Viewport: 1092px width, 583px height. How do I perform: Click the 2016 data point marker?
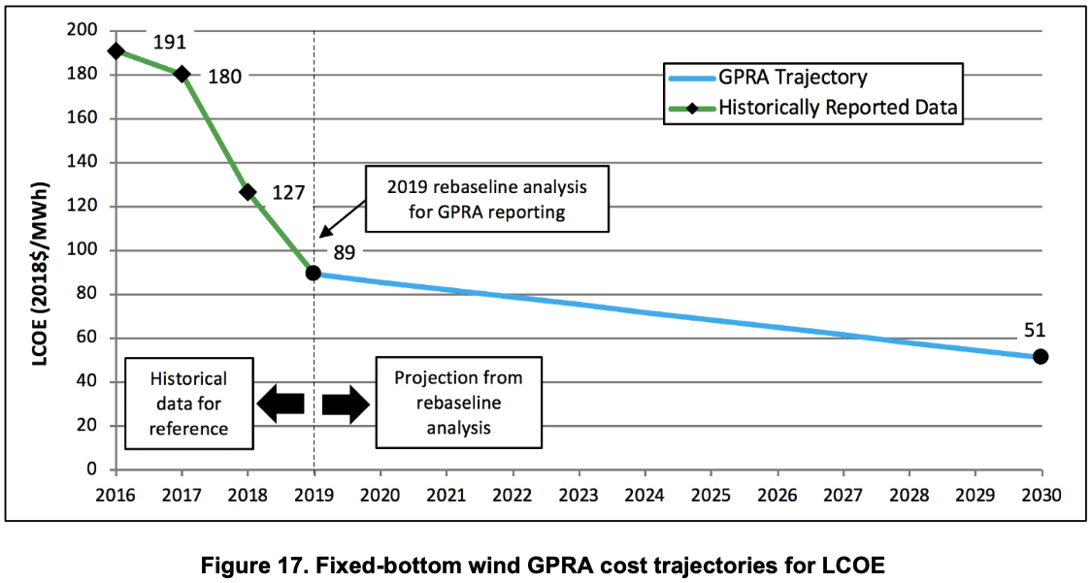click(x=116, y=51)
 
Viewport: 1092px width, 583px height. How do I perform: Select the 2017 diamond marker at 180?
click(x=182, y=75)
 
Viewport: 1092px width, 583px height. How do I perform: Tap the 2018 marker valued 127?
click(x=248, y=192)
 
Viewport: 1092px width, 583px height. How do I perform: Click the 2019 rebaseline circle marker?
click(x=314, y=273)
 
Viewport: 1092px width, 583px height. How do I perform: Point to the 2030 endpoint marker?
click(x=1041, y=356)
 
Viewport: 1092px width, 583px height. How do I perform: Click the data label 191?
click(x=169, y=42)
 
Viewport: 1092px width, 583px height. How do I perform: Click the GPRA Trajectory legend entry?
click(x=792, y=78)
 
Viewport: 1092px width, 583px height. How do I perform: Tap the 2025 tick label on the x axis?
click(x=710, y=494)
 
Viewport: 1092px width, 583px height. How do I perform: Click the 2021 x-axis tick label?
click(x=446, y=494)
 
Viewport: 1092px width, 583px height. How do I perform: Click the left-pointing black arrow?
click(x=281, y=404)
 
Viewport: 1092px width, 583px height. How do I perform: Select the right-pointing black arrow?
click(x=346, y=404)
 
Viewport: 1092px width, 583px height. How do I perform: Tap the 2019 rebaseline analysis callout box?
click(x=488, y=198)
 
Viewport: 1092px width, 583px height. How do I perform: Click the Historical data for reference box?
click(x=189, y=404)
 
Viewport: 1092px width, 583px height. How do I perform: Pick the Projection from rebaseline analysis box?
click(x=457, y=404)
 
